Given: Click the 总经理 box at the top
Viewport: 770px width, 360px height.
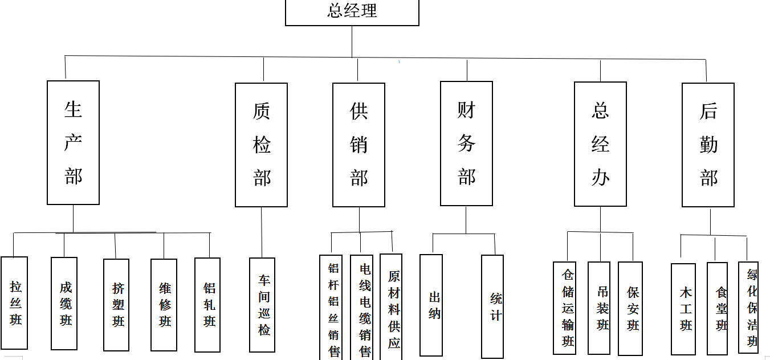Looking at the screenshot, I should coord(352,12).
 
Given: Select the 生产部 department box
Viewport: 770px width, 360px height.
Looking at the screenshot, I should coord(73,142).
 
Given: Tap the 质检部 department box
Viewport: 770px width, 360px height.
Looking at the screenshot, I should coord(261,145).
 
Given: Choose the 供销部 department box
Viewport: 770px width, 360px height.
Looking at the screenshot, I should coord(358,145).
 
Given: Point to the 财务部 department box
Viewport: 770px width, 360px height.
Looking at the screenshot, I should coord(466,143).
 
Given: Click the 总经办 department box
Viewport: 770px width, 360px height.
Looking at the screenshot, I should coord(600,144).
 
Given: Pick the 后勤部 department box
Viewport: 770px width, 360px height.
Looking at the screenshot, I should coord(708,145).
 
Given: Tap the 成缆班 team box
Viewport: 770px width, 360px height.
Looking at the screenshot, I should coord(64,303).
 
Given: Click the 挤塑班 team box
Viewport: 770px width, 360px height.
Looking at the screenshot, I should coord(116,305).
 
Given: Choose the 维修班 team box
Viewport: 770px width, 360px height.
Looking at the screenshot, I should coord(164,305).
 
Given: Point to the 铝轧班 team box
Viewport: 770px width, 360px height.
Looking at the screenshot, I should coord(207,304).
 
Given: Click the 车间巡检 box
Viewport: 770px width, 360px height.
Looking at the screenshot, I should coord(262,305).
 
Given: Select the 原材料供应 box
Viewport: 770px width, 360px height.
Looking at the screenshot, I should coord(391,308).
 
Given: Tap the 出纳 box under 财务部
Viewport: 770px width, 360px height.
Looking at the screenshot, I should coord(431,305).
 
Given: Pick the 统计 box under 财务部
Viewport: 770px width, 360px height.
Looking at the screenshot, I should coord(492,306).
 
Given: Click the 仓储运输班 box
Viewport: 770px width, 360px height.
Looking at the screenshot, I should coord(564,308).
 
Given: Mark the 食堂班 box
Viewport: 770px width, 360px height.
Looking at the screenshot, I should coord(717,308).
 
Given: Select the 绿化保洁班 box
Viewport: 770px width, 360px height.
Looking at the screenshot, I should coord(748,308).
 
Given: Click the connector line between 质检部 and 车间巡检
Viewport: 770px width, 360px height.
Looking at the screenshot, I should coord(262,232).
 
